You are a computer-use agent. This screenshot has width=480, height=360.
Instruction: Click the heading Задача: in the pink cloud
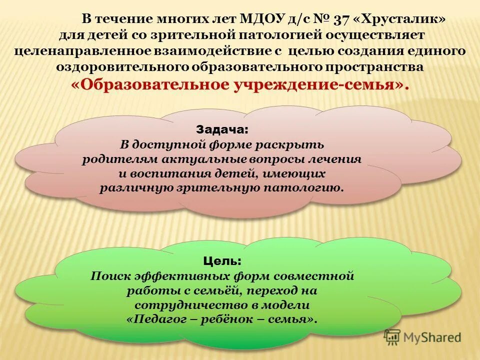click(221, 129)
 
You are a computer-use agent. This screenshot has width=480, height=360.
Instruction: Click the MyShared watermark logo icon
click(392, 337)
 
